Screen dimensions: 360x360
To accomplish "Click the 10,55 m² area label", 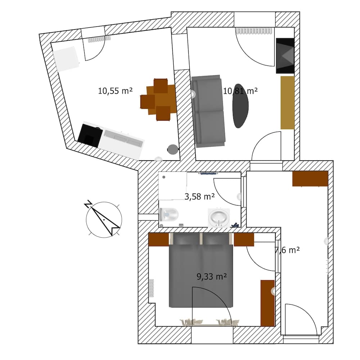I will pyautogui.click(x=115, y=91).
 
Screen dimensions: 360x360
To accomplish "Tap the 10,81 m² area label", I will pyautogui.click(x=240, y=91).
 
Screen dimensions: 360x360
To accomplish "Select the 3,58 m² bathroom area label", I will pyautogui.click(x=199, y=197).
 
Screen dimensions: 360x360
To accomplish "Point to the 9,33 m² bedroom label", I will pyautogui.click(x=212, y=276).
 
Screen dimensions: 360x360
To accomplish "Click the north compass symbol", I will pyautogui.click(x=104, y=219).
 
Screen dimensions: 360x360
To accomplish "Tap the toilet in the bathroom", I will pyautogui.click(x=168, y=215).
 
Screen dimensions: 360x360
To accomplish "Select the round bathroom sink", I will pyautogui.click(x=219, y=217).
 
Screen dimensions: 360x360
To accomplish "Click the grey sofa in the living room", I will pyautogui.click(x=208, y=111).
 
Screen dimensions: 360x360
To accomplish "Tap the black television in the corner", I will pyautogui.click(x=285, y=56).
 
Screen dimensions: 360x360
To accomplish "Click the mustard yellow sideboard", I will pyautogui.click(x=288, y=103).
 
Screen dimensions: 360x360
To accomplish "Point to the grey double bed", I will pyautogui.click(x=201, y=270).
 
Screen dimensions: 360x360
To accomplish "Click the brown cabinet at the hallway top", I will pyautogui.click(x=310, y=179).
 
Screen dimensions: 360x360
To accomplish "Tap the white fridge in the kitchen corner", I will pyautogui.click(x=66, y=59).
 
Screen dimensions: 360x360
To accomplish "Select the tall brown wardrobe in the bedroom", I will pyautogui.click(x=267, y=303).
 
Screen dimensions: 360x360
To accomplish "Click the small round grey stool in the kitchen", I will pyautogui.click(x=173, y=149).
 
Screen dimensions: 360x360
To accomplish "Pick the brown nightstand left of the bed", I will pyautogui.click(x=159, y=240).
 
